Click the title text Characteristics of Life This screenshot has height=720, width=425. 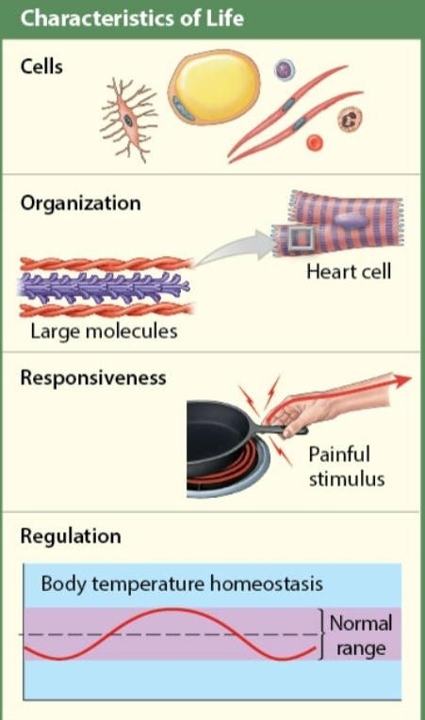132,19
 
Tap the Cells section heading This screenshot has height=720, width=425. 41,68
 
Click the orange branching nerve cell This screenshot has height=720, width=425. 128,120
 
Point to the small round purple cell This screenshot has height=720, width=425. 284,70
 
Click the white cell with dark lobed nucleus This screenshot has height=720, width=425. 351,119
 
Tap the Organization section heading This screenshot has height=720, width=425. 80,203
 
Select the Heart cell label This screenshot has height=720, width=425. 348,272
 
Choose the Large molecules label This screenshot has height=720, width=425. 104,331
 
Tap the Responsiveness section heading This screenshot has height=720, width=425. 93,377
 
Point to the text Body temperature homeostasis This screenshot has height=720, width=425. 181,584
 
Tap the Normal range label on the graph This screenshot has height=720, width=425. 361,635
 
